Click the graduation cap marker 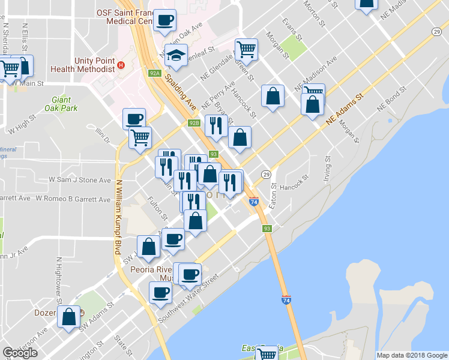click(176, 55)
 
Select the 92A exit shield click(155, 73)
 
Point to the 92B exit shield click(193, 123)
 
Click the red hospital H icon click(121, 65)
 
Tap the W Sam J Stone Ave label click(80, 179)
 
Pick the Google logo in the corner click(20, 353)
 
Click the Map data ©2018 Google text click(411, 355)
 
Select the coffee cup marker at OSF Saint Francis click(164, 20)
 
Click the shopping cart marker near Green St click(246, 49)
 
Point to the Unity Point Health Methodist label click(94, 65)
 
